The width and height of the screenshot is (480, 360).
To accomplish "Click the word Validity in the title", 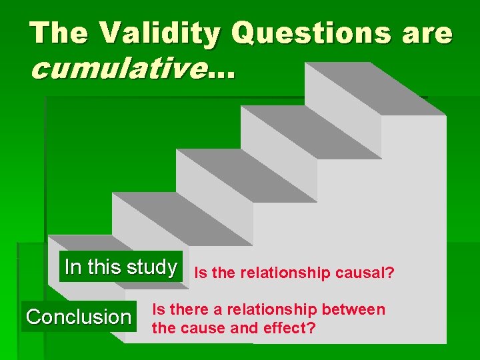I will click(x=149, y=33).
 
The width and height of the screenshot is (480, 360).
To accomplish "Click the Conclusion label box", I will click(x=79, y=317).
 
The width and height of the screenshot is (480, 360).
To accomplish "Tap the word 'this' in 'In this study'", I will click(x=103, y=267).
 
